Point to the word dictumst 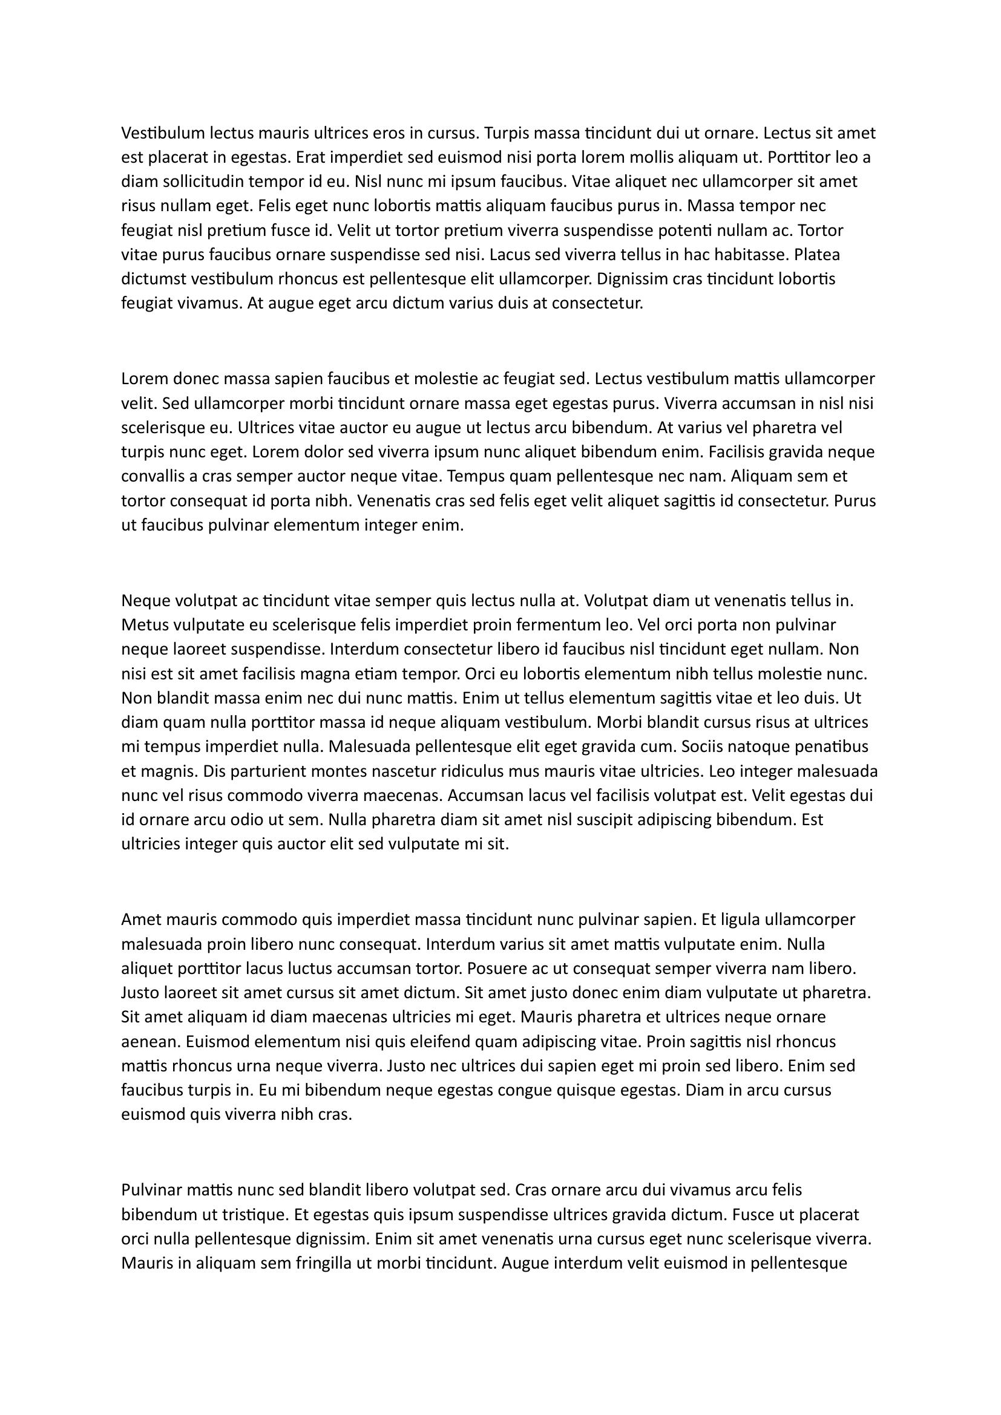coord(154,278)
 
